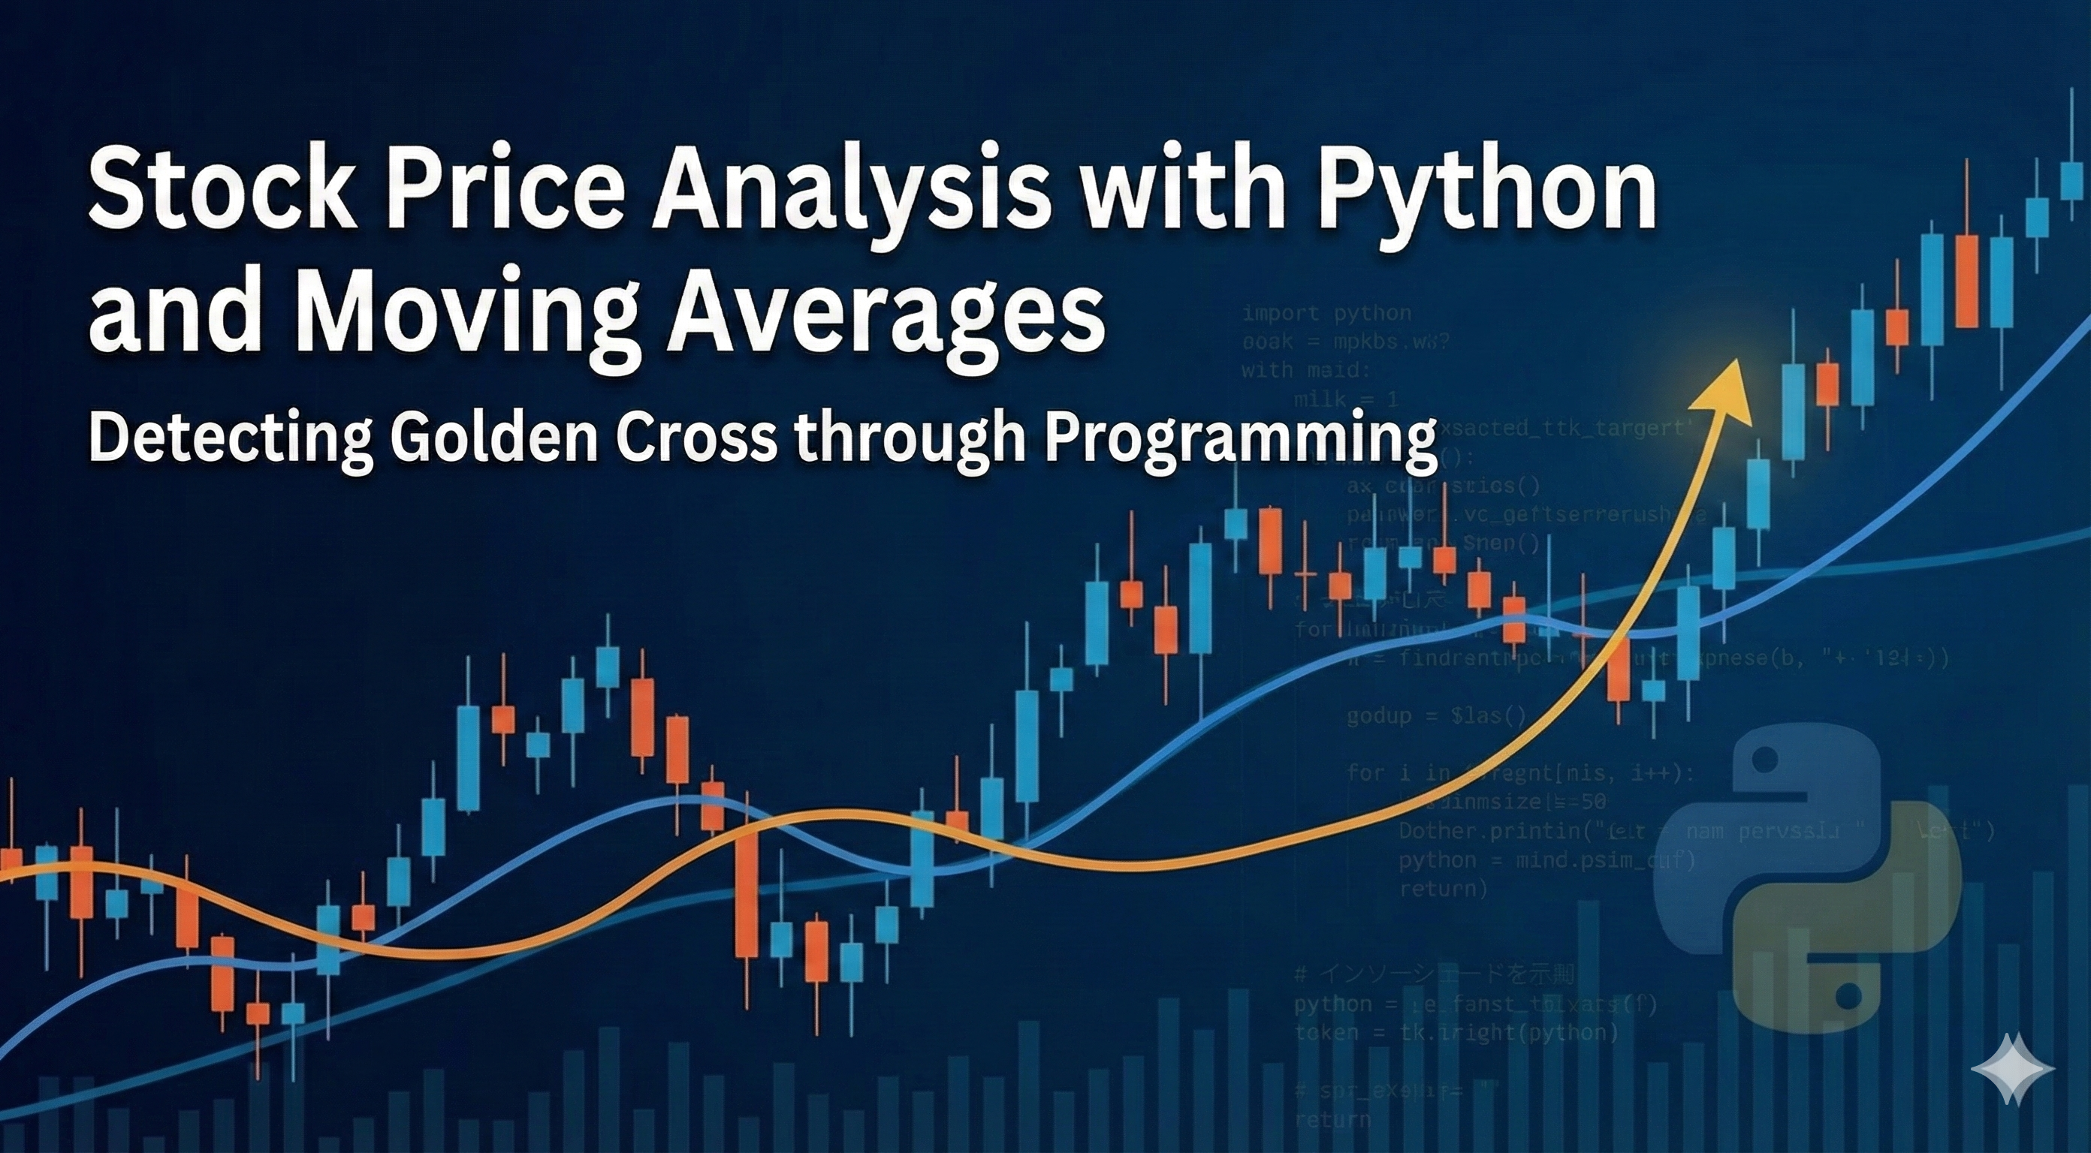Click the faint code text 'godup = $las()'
1437,716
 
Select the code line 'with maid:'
1305,370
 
